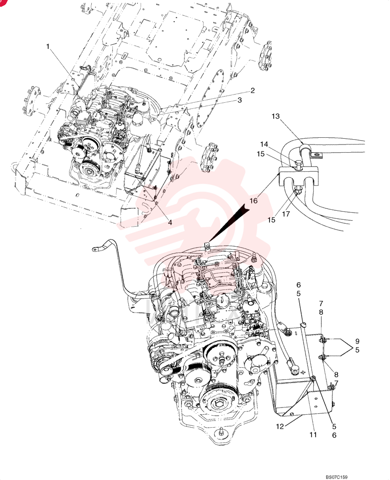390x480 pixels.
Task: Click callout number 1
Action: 48,47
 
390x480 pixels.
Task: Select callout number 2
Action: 253,91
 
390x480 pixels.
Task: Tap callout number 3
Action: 240,100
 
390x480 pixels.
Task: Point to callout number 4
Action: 170,223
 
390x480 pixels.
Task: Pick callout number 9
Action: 357,341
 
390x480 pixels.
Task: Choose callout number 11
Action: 313,435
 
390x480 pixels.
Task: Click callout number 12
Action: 280,426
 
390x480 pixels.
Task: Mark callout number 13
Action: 276,116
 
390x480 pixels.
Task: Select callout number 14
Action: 264,144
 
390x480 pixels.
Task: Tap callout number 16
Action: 254,201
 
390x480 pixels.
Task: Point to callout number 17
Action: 286,214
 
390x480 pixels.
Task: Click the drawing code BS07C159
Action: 336,477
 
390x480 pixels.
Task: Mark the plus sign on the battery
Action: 303,372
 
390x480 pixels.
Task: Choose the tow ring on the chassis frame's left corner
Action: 14,165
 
